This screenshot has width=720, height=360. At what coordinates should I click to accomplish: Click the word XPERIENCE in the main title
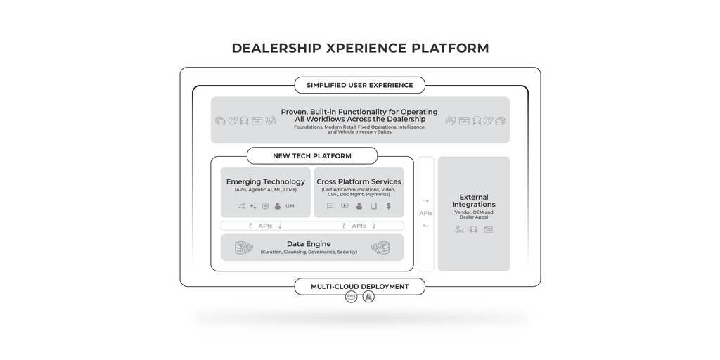[366, 49]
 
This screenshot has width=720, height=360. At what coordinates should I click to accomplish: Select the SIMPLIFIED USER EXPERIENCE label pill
[360, 85]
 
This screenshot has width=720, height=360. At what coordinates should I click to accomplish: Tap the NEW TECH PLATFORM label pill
[312, 155]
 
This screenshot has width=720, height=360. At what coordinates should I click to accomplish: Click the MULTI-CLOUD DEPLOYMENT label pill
[360, 286]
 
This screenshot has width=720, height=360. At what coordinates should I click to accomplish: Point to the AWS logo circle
[352, 297]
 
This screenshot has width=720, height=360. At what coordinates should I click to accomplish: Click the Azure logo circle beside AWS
[368, 297]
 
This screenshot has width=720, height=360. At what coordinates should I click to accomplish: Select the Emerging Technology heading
[266, 181]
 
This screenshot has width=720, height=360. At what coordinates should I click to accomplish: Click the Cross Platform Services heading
[359, 181]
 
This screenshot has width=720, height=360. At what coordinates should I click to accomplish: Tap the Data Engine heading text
[309, 243]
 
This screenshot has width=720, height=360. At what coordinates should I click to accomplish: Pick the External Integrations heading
[474, 201]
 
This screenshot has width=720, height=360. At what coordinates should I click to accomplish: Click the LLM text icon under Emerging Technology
[290, 206]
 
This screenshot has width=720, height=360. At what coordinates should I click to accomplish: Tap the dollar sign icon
[388, 206]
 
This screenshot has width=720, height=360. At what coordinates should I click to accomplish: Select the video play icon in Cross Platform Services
[345, 206]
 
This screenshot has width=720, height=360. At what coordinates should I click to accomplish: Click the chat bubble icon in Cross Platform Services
[330, 206]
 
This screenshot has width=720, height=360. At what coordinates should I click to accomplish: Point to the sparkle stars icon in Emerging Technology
[252, 206]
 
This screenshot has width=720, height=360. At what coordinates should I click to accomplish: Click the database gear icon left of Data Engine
[244, 247]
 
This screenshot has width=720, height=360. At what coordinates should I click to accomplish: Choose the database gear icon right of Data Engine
[380, 247]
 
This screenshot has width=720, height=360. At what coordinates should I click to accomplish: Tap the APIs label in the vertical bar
[425, 213]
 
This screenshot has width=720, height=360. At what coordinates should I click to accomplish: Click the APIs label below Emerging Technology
[265, 226]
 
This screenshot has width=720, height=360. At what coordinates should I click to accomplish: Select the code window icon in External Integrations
[488, 229]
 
